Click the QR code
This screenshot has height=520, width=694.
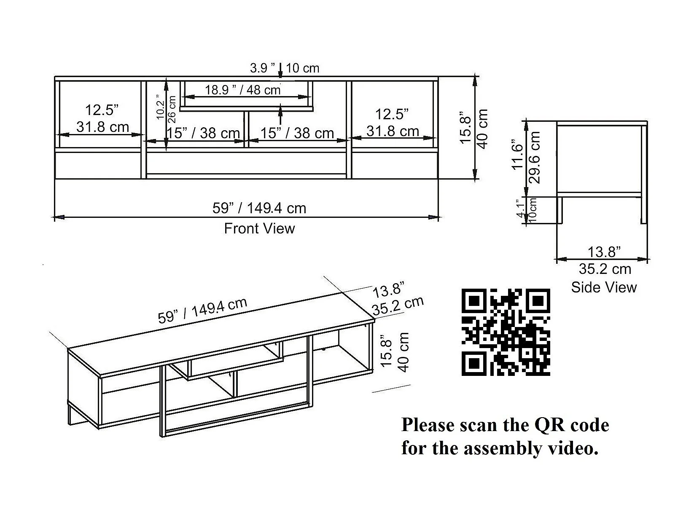coord(506,332)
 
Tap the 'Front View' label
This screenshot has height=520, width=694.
coord(259,228)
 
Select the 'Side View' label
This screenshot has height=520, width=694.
coord(603,287)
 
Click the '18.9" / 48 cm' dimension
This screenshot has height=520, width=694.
coord(243,90)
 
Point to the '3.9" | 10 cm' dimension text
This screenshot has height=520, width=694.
coord(285,68)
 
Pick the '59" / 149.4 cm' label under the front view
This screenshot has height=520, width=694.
coord(259,208)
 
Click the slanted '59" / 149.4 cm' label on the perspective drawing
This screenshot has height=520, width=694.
coord(202,311)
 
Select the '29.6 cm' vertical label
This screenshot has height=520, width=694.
coord(535,157)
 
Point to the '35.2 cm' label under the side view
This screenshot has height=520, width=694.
coord(605,269)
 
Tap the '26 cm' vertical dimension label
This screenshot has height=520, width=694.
coord(172,109)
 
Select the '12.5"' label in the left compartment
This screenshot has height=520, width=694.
coord(102,110)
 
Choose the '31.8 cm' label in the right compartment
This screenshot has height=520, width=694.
coord(393,131)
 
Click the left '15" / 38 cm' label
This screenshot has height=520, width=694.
coord(203,133)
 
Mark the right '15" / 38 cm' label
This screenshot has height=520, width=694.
coord(297,133)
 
